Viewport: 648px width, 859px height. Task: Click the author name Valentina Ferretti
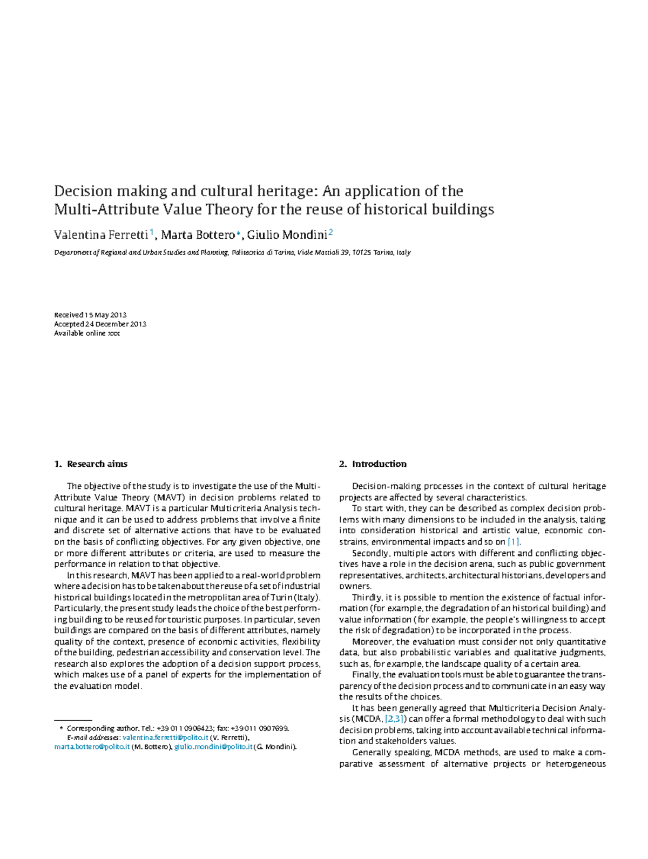100,235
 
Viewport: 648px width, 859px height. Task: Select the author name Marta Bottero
198,235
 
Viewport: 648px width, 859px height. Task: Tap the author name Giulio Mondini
287,235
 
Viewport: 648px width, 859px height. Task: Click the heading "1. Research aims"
91,464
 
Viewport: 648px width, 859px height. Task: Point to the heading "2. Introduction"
373,464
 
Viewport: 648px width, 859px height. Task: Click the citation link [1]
514,542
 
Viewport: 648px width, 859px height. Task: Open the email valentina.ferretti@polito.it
165,737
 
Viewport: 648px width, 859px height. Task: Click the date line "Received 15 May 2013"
90,315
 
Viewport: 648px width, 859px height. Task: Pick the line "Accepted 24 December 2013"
100,324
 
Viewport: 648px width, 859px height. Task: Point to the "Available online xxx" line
87,333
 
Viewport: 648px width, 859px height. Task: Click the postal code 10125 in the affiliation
362,252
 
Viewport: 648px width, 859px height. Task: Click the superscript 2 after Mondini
330,232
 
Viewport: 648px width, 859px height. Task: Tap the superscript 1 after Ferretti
152,232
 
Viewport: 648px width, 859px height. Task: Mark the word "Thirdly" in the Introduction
367,598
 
